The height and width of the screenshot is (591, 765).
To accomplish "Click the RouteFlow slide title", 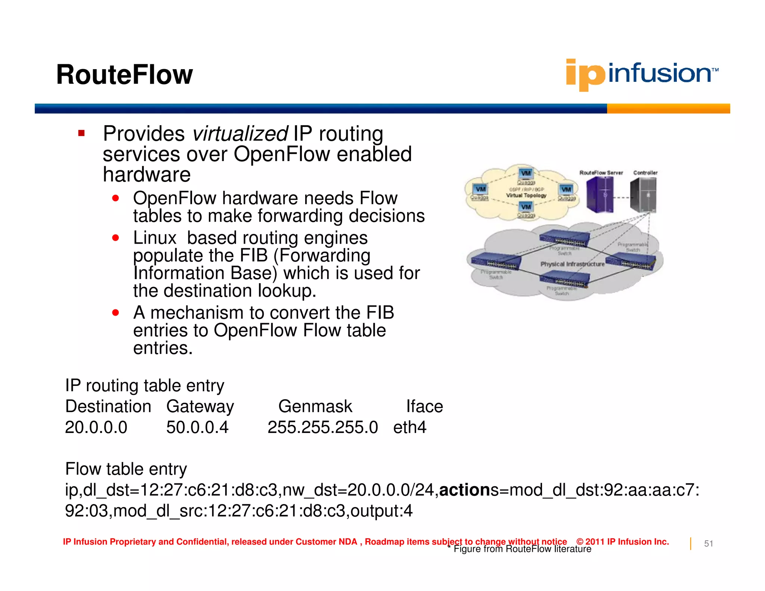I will (x=124, y=75).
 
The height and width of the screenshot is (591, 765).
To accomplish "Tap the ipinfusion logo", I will (x=642, y=74).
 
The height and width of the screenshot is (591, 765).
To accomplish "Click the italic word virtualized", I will (x=240, y=134).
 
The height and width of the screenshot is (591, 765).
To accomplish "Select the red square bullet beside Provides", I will (x=81, y=133).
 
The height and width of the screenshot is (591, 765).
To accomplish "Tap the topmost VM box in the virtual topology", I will (x=526, y=173).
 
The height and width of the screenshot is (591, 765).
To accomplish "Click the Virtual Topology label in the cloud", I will (x=526, y=195).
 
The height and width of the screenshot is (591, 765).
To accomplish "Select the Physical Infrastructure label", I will (x=572, y=264).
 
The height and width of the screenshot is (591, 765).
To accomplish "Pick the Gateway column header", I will (x=200, y=406).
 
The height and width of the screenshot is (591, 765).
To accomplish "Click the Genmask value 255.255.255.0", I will (x=323, y=427).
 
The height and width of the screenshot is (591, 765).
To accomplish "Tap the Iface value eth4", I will (x=409, y=427).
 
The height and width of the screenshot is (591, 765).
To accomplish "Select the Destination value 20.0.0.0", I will (x=96, y=427).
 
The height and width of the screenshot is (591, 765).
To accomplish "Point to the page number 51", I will (x=708, y=544).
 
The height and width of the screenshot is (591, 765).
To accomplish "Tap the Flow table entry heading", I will (x=126, y=469).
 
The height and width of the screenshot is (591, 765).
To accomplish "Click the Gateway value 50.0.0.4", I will (x=197, y=427).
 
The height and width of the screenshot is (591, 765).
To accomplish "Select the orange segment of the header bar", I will (x=668, y=109).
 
